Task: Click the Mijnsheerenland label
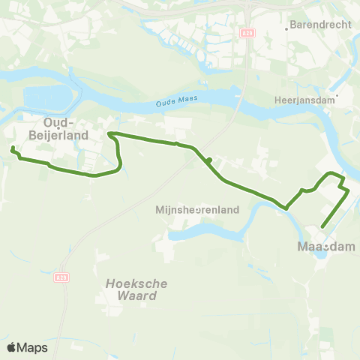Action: (197, 210)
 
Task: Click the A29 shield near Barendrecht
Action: (248, 33)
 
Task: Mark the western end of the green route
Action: (13, 149)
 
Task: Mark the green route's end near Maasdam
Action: (322, 226)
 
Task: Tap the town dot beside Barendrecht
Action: (287, 30)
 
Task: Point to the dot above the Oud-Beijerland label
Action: (69, 115)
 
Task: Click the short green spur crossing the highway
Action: (210, 160)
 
